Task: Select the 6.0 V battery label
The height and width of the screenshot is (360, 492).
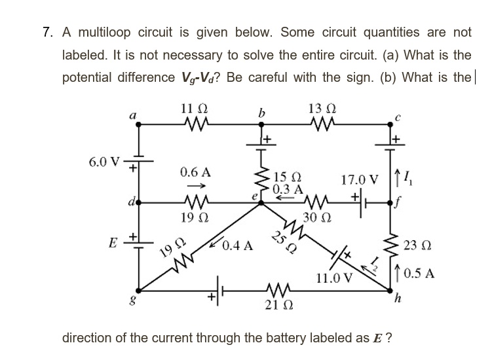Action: pos(104,161)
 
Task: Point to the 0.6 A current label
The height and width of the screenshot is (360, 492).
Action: pos(195,173)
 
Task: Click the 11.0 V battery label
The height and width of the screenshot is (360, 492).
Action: pos(334,276)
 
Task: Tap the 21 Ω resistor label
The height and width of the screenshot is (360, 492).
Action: pos(278,304)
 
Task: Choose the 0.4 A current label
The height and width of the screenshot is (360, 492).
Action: pos(237,247)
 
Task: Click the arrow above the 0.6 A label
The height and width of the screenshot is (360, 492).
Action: pos(195,185)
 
